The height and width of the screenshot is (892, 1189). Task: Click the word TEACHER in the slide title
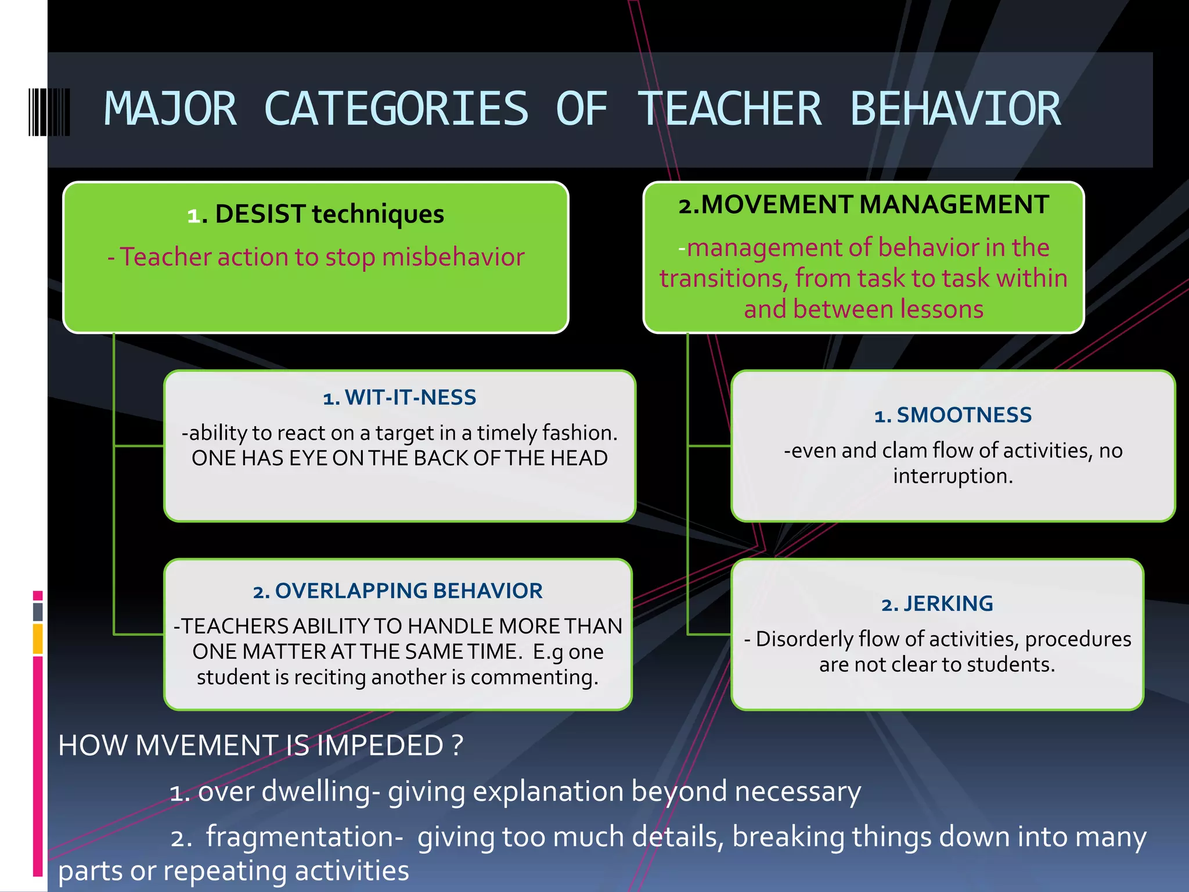[730, 109]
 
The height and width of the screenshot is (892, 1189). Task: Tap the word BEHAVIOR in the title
[956, 109]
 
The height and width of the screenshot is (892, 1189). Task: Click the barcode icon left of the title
[49, 112]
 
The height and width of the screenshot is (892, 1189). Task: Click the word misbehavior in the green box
[453, 257]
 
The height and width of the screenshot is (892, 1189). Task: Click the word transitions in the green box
[723, 279]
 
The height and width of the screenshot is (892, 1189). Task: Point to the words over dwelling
[284, 792]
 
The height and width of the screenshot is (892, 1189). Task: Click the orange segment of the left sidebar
[38, 639]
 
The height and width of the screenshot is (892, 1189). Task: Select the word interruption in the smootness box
[953, 476]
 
